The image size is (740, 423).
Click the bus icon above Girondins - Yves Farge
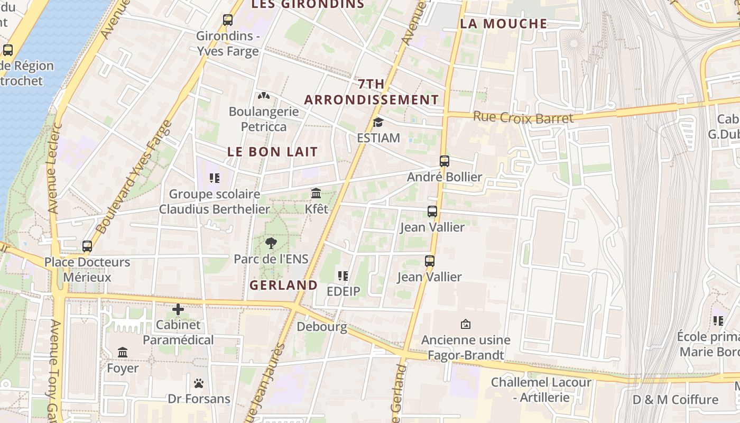tap(228, 20)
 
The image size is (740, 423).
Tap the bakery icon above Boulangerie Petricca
tap(263, 96)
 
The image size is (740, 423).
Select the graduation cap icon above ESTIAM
tap(378, 123)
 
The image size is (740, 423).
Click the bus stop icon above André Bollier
tap(445, 161)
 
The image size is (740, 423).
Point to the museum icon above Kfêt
tap(316, 194)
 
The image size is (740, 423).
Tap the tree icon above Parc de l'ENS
tap(271, 243)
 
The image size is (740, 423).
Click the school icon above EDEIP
tap(343, 276)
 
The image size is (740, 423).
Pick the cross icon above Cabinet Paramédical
tap(178, 309)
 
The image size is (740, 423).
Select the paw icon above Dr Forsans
tap(199, 383)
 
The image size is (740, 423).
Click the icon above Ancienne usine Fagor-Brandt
tap(466, 324)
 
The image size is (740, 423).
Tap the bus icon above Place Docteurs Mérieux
tap(87, 246)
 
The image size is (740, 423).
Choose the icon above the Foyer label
tap(123, 353)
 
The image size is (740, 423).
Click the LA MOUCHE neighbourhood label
tap(503, 23)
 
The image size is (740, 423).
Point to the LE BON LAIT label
tap(273, 152)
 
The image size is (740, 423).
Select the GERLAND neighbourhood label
tap(283, 285)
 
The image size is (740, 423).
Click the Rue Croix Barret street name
tap(523, 117)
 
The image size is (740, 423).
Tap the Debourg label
tap(322, 326)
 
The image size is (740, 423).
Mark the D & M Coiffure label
tap(676, 399)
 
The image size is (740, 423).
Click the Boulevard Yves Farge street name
tap(135, 177)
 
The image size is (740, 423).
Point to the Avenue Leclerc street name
tap(55, 168)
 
